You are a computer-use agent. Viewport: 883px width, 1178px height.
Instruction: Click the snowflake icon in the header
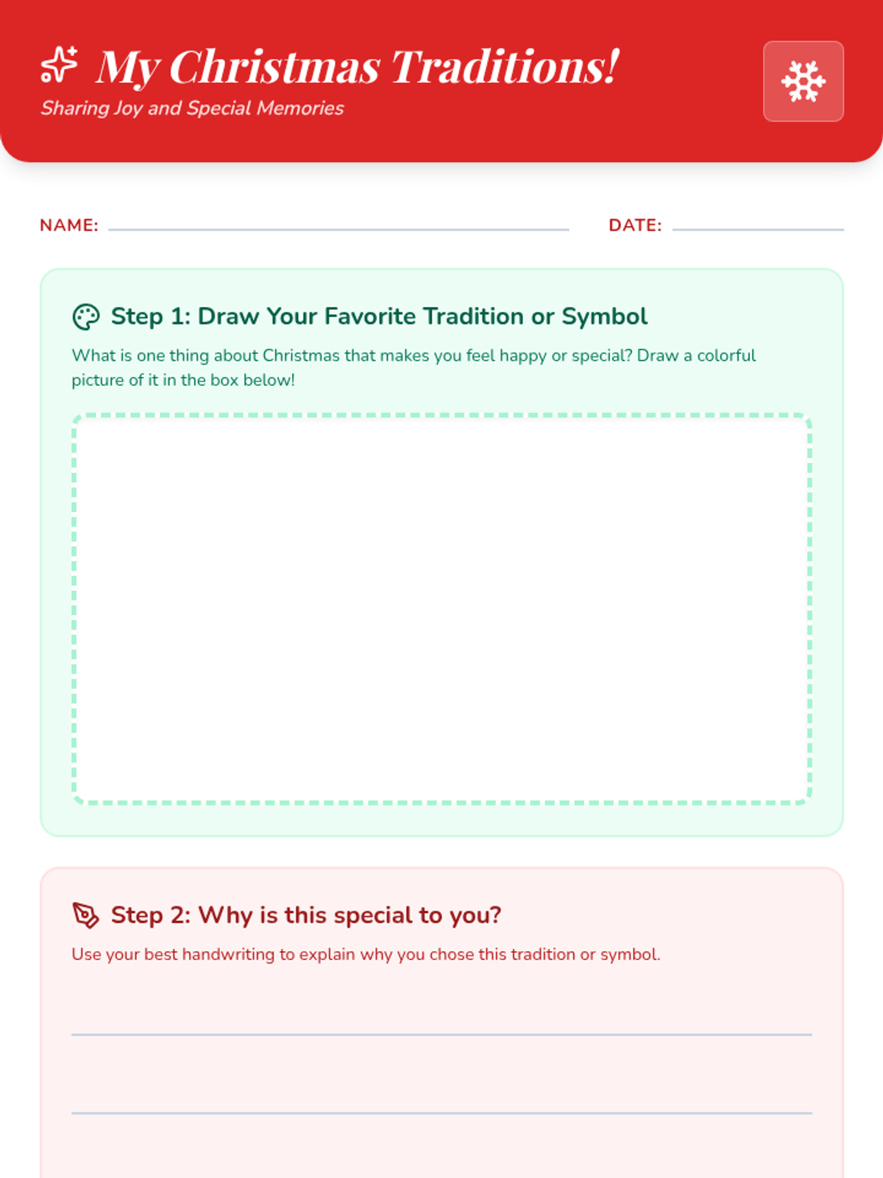(x=803, y=82)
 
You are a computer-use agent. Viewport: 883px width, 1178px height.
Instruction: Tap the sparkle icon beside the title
(x=59, y=64)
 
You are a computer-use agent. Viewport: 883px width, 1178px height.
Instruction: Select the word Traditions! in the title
(x=506, y=66)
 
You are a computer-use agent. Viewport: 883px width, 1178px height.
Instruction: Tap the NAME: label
(x=69, y=225)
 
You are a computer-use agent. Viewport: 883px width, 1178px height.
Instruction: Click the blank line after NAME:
(x=338, y=230)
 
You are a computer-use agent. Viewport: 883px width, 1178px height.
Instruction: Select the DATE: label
(x=635, y=225)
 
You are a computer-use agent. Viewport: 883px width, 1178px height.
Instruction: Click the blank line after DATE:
(x=758, y=230)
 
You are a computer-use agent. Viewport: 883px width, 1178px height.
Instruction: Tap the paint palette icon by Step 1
(x=86, y=317)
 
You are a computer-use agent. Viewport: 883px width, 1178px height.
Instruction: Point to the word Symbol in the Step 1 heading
(x=605, y=317)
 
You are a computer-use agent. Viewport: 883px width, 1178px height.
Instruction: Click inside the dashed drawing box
(x=441, y=609)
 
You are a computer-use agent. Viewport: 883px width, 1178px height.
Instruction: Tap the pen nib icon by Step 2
(x=86, y=915)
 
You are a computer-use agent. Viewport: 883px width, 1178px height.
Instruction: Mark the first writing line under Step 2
(x=441, y=1034)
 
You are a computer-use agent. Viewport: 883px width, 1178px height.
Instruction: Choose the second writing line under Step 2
(x=441, y=1113)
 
